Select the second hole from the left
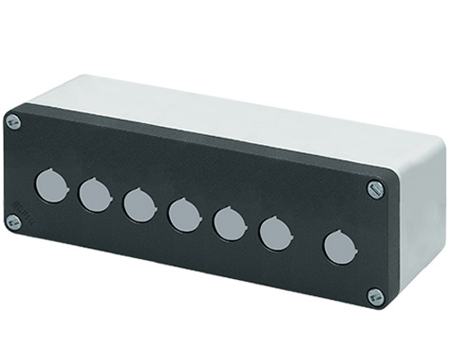[94, 194]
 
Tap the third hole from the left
[139, 204]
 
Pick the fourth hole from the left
[184, 214]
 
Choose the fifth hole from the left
[229, 224]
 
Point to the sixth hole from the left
[274, 234]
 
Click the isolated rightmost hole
[338, 247]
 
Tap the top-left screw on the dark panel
[13, 121]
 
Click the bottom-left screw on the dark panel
[13, 221]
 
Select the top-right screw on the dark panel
[376, 189]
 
